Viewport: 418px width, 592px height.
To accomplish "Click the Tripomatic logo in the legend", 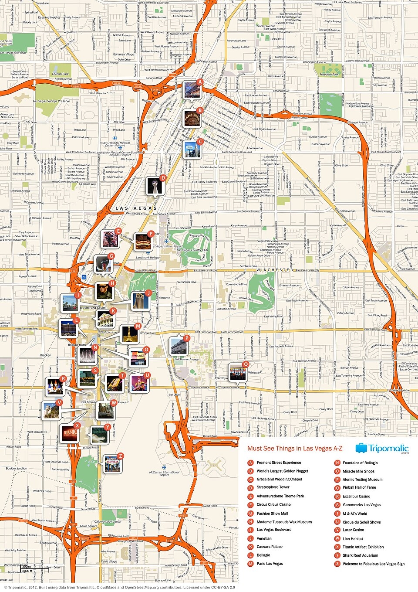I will [382, 449].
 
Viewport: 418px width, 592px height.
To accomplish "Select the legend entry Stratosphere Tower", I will [273, 487].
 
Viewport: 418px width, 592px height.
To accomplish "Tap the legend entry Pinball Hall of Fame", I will [359, 487].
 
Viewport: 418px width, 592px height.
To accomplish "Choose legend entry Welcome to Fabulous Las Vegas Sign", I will [373, 564].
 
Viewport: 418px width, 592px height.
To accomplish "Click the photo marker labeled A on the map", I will [192, 90].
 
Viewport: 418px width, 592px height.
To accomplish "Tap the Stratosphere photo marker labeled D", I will [154, 185].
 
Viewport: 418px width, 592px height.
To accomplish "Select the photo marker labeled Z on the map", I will [112, 464].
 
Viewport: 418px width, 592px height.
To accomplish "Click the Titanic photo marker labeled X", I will [69, 433].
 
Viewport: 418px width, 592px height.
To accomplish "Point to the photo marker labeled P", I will [178, 346].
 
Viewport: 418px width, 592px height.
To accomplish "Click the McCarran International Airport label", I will [164, 473].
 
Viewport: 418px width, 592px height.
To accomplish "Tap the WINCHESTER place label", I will [275, 270].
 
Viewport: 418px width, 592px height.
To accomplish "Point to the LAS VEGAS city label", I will [136, 208].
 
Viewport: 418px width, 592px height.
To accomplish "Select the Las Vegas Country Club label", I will [192, 250].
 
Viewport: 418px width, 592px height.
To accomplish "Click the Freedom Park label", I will [329, 75].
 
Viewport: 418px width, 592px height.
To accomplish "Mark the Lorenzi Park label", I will [60, 74].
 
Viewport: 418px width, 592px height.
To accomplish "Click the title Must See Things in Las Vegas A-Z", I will [295, 449].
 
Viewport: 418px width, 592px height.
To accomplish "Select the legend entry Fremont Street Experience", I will [279, 463].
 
